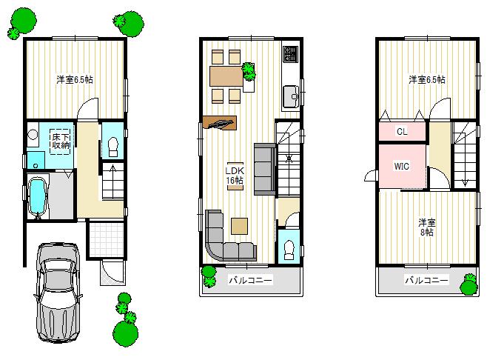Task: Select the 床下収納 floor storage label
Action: click(x=60, y=141)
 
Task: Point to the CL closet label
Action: click(x=401, y=132)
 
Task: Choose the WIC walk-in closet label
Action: click(x=402, y=167)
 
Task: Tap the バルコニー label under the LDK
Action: click(x=249, y=281)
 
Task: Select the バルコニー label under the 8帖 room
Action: click(x=426, y=281)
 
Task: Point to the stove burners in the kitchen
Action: click(x=289, y=55)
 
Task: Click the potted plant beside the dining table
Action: click(x=249, y=72)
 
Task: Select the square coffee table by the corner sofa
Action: click(x=239, y=225)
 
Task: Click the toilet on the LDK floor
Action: click(x=289, y=247)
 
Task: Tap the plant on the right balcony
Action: click(x=468, y=284)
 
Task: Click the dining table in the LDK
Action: click(x=225, y=75)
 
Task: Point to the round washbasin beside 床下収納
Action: click(x=33, y=135)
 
